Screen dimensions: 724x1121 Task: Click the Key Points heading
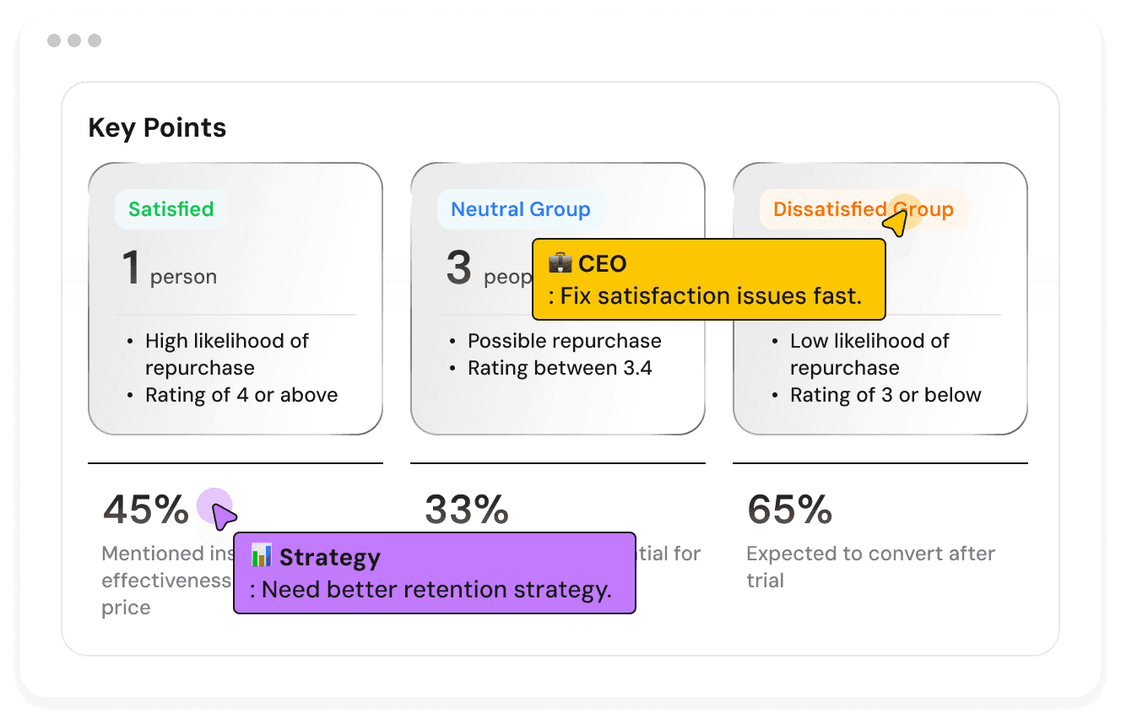[x=157, y=128]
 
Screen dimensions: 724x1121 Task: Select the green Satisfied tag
[x=171, y=209]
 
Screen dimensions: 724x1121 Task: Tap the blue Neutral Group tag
[x=520, y=209]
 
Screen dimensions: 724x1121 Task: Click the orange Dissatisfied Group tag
[x=863, y=209]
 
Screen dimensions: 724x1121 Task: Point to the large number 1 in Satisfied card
[x=131, y=267]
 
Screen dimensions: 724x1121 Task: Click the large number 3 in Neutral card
[x=458, y=267]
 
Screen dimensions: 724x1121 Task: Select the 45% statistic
[x=146, y=509]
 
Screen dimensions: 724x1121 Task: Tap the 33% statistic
[x=467, y=509]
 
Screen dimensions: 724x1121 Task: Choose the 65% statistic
[x=789, y=509]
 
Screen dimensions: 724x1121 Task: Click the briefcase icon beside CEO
[x=560, y=263]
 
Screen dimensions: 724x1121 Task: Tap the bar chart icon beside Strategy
[x=262, y=556]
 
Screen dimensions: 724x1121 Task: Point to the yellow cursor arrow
[x=896, y=224]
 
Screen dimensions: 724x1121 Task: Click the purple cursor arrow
[x=222, y=516]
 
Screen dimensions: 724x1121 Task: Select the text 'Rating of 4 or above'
[x=241, y=395]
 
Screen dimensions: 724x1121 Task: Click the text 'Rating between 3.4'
[x=560, y=368]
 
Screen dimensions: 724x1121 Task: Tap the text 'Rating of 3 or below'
[x=885, y=395]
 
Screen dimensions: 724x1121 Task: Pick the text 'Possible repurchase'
[x=564, y=341]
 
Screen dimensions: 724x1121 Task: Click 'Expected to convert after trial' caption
[x=870, y=566]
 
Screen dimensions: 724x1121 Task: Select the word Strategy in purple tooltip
[x=330, y=558]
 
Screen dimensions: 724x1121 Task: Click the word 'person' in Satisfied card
[x=183, y=277]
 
